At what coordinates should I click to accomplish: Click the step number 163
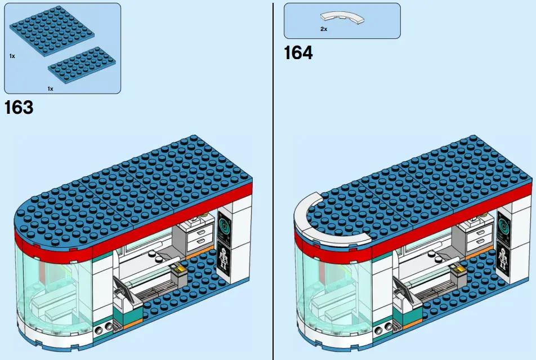coord(19,106)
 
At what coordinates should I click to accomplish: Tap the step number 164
coord(298,53)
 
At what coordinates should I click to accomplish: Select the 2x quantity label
coord(324,29)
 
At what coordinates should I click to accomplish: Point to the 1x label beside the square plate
coord(12,56)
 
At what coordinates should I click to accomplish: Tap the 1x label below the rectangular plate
coord(50,88)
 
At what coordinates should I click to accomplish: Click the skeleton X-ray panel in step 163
coord(225,261)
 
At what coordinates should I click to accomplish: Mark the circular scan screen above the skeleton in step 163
coord(225,226)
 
